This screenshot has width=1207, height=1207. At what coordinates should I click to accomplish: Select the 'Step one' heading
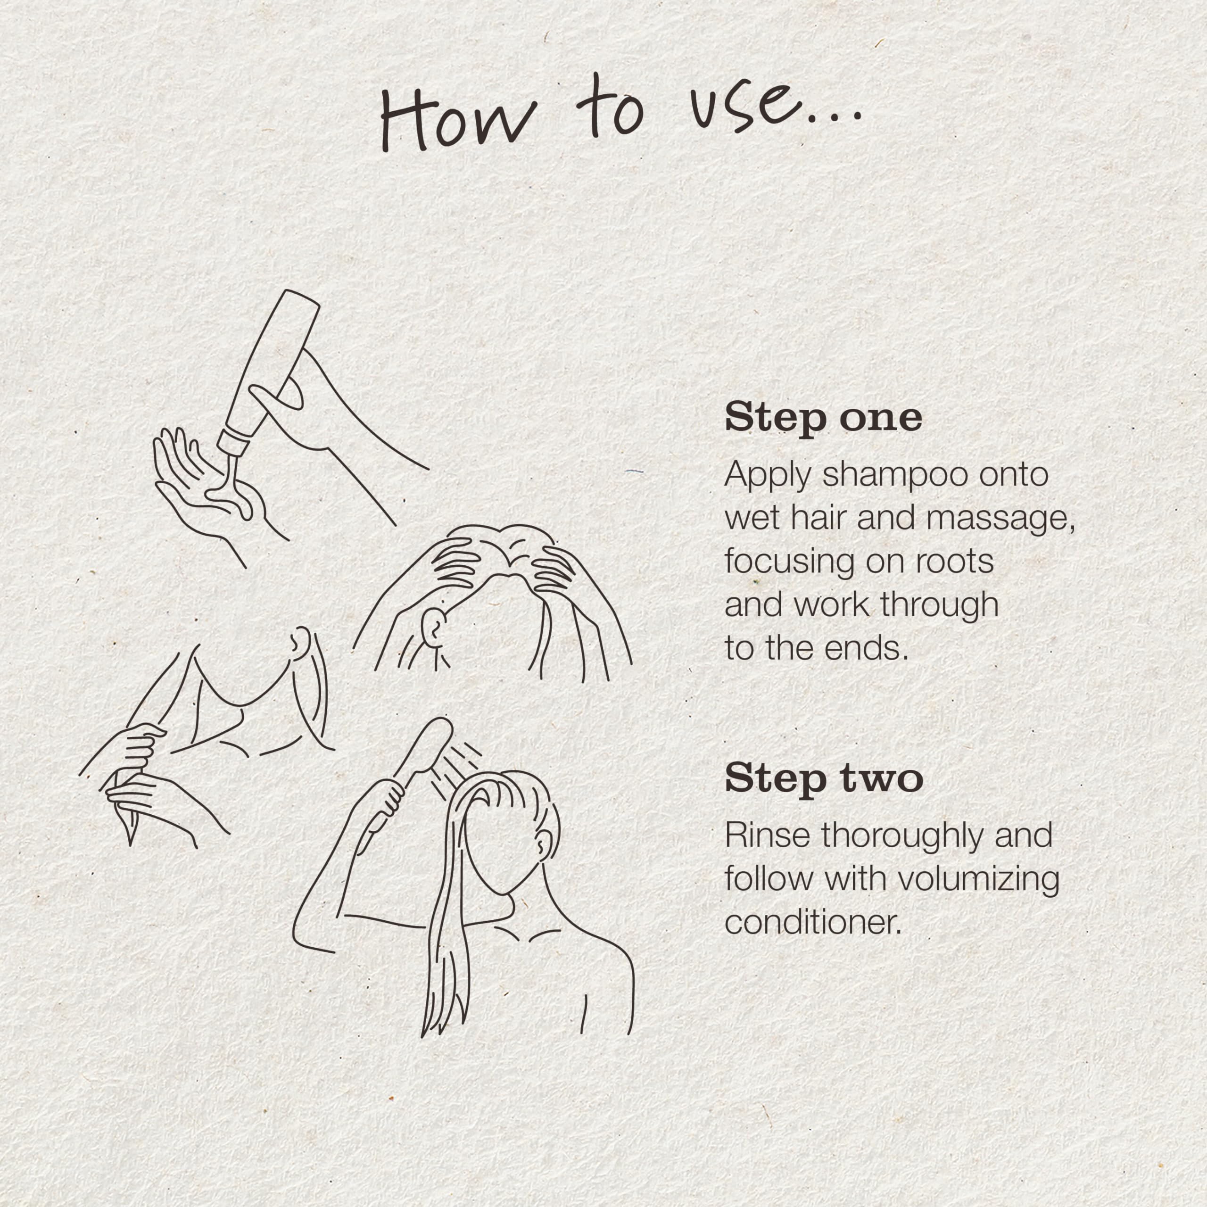[823, 418]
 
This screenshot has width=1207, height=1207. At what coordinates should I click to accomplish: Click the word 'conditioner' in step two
[813, 923]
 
